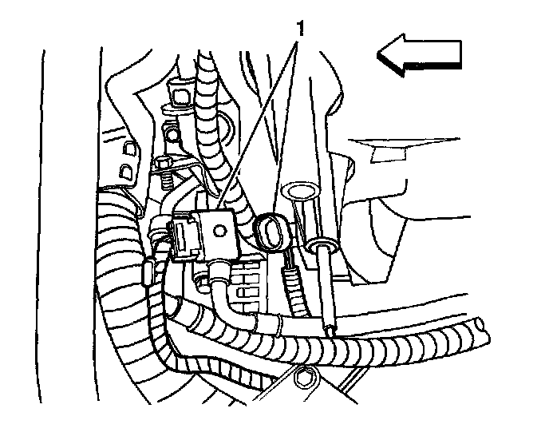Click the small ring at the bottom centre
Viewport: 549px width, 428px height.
pyautogui.click(x=304, y=374)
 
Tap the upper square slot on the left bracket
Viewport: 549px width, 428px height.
pyautogui.click(x=128, y=147)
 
